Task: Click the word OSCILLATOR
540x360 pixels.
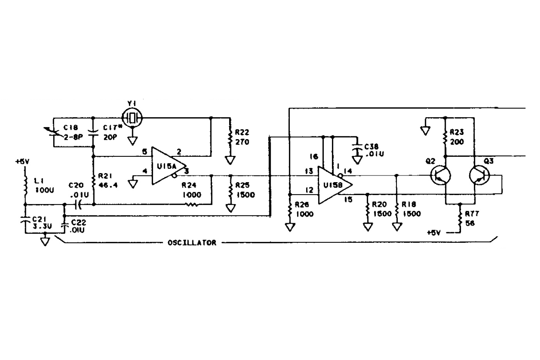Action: [192, 243]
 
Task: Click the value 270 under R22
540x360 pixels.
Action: [242, 142]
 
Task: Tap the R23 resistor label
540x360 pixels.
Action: [457, 132]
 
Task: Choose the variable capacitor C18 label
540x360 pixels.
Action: [72, 127]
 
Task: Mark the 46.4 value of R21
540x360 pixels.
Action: [108, 186]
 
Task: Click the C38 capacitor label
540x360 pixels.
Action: [371, 147]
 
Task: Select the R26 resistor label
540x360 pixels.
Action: [302, 204]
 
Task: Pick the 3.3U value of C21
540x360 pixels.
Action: [39, 226]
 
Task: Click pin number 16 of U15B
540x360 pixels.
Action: [313, 157]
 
